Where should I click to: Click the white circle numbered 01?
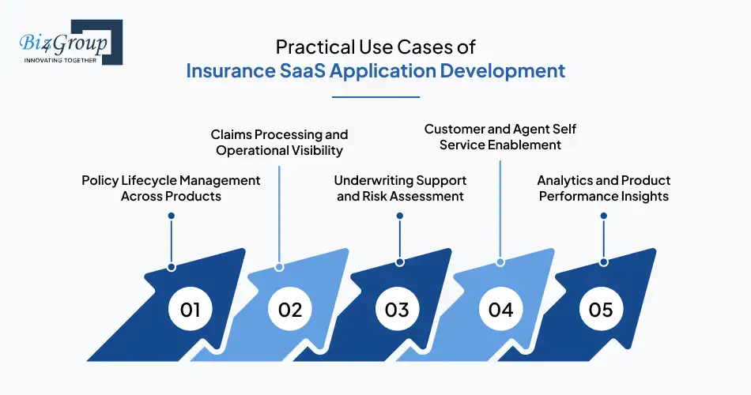[x=190, y=309]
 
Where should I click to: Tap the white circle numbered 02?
[x=290, y=309]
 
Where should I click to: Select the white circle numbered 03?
[x=397, y=309]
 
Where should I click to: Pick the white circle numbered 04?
[x=500, y=309]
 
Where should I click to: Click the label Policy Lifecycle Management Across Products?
[x=171, y=188]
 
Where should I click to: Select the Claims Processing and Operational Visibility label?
[x=279, y=142]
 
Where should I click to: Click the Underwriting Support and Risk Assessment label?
[x=400, y=188]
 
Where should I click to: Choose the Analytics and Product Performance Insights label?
[x=604, y=188]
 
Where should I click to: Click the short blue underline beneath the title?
[x=375, y=97]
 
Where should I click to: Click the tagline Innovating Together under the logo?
[x=60, y=60]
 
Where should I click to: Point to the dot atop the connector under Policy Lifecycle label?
[x=171, y=215]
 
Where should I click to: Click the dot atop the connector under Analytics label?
[x=604, y=215]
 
